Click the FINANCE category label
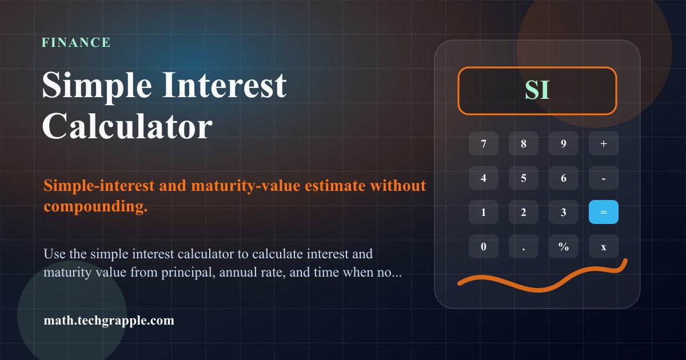pos(76,42)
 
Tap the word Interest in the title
pos(224,85)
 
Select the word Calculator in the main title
pos(127,126)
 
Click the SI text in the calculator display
pos(537,90)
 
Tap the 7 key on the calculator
pos(484,143)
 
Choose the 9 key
pos(564,143)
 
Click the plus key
pos(604,143)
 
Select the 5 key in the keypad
pos(524,178)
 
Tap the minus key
pos(604,178)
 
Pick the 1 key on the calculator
pos(484,212)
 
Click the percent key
pos(564,246)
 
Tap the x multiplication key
pos(604,246)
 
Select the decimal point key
pos(524,246)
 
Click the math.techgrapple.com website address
pos(109,321)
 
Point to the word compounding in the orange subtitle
pos(95,206)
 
